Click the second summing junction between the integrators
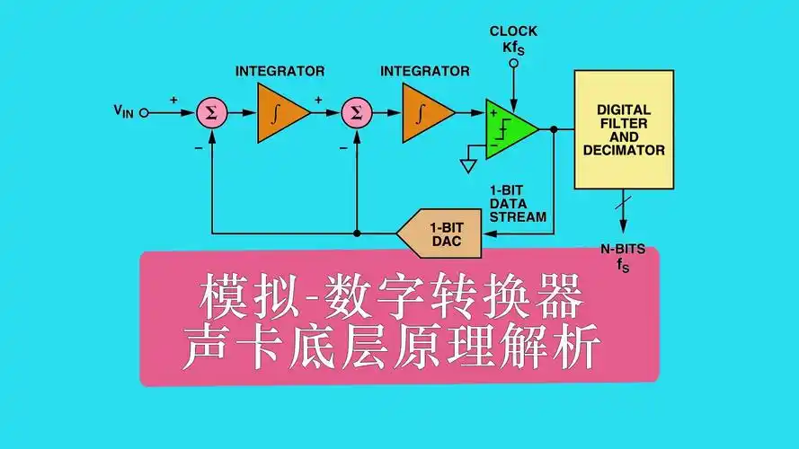357,112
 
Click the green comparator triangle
509,129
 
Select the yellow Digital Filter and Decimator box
624,130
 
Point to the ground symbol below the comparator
467,164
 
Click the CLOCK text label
513,31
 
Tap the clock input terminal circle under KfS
514,64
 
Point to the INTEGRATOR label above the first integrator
280,70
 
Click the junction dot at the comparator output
554,129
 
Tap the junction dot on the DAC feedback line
357,233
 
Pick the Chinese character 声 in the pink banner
209,348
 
